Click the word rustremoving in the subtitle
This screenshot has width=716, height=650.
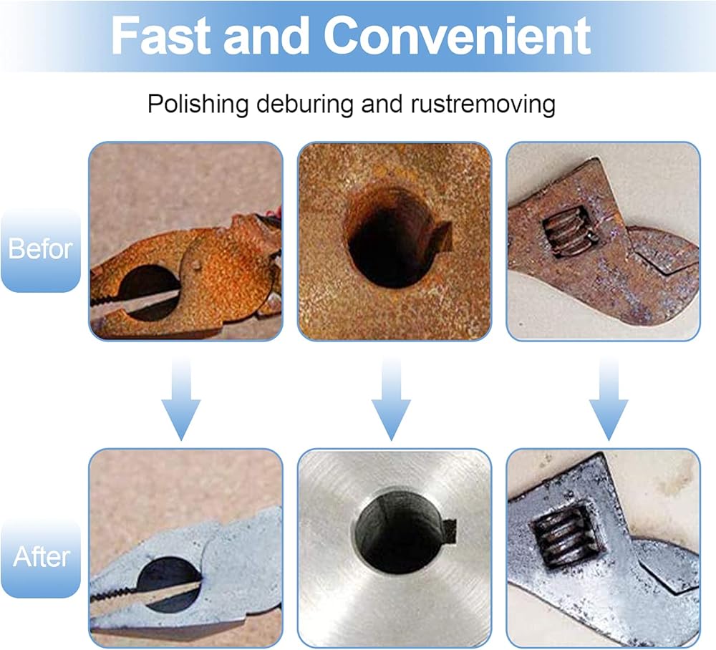point(483,104)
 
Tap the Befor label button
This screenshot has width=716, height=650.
point(40,250)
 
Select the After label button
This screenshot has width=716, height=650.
point(40,556)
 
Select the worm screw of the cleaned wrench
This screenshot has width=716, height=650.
point(566,538)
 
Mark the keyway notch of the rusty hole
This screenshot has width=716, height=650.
point(440,234)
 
